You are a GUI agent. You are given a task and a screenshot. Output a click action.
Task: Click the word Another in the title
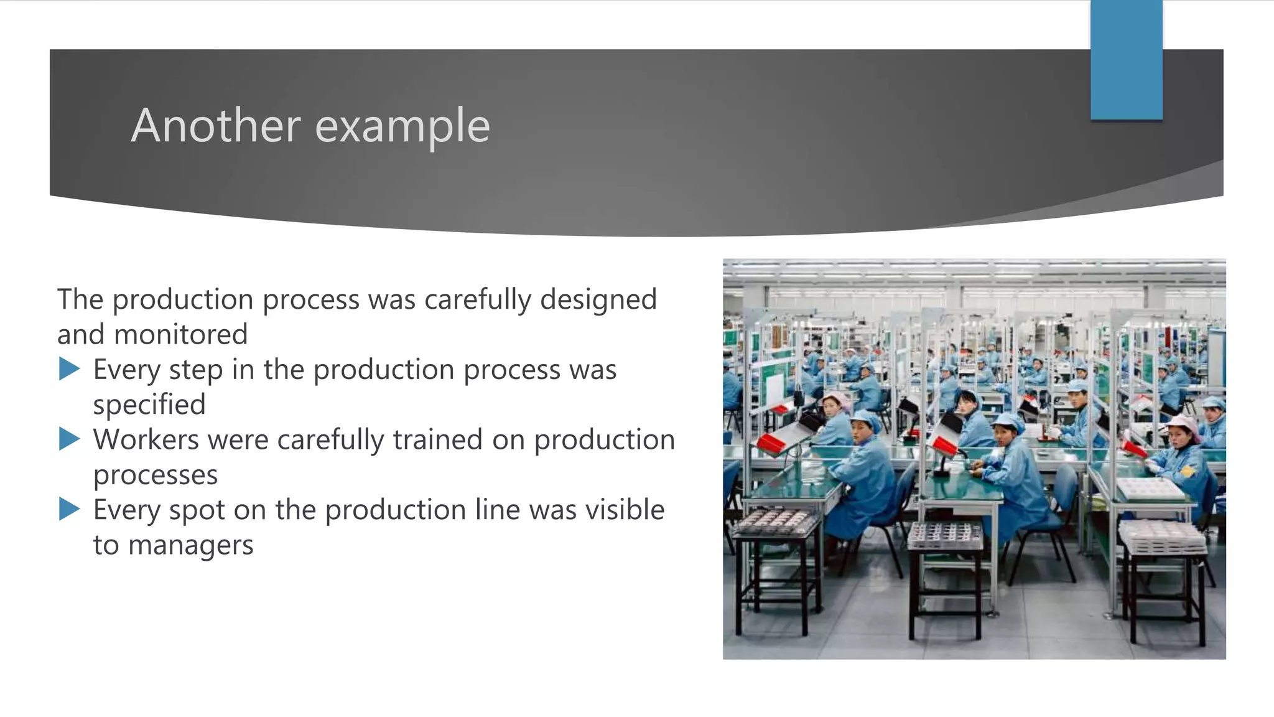click(215, 126)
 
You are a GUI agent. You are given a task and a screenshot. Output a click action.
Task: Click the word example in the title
click(402, 127)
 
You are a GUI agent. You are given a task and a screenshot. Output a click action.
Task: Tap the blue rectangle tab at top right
click(1126, 60)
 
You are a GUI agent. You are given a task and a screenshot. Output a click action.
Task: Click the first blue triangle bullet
click(69, 369)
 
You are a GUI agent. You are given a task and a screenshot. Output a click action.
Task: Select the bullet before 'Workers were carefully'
click(69, 439)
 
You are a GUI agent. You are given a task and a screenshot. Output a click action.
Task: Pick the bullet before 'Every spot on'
click(69, 509)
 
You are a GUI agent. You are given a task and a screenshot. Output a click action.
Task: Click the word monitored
click(181, 335)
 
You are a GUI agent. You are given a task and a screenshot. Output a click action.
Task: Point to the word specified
click(149, 405)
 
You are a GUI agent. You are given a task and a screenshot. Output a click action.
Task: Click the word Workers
click(146, 439)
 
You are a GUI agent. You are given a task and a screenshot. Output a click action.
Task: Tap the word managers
click(190, 545)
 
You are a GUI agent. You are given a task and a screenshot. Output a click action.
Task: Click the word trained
click(437, 439)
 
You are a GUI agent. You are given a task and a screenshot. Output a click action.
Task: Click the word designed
click(598, 299)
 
